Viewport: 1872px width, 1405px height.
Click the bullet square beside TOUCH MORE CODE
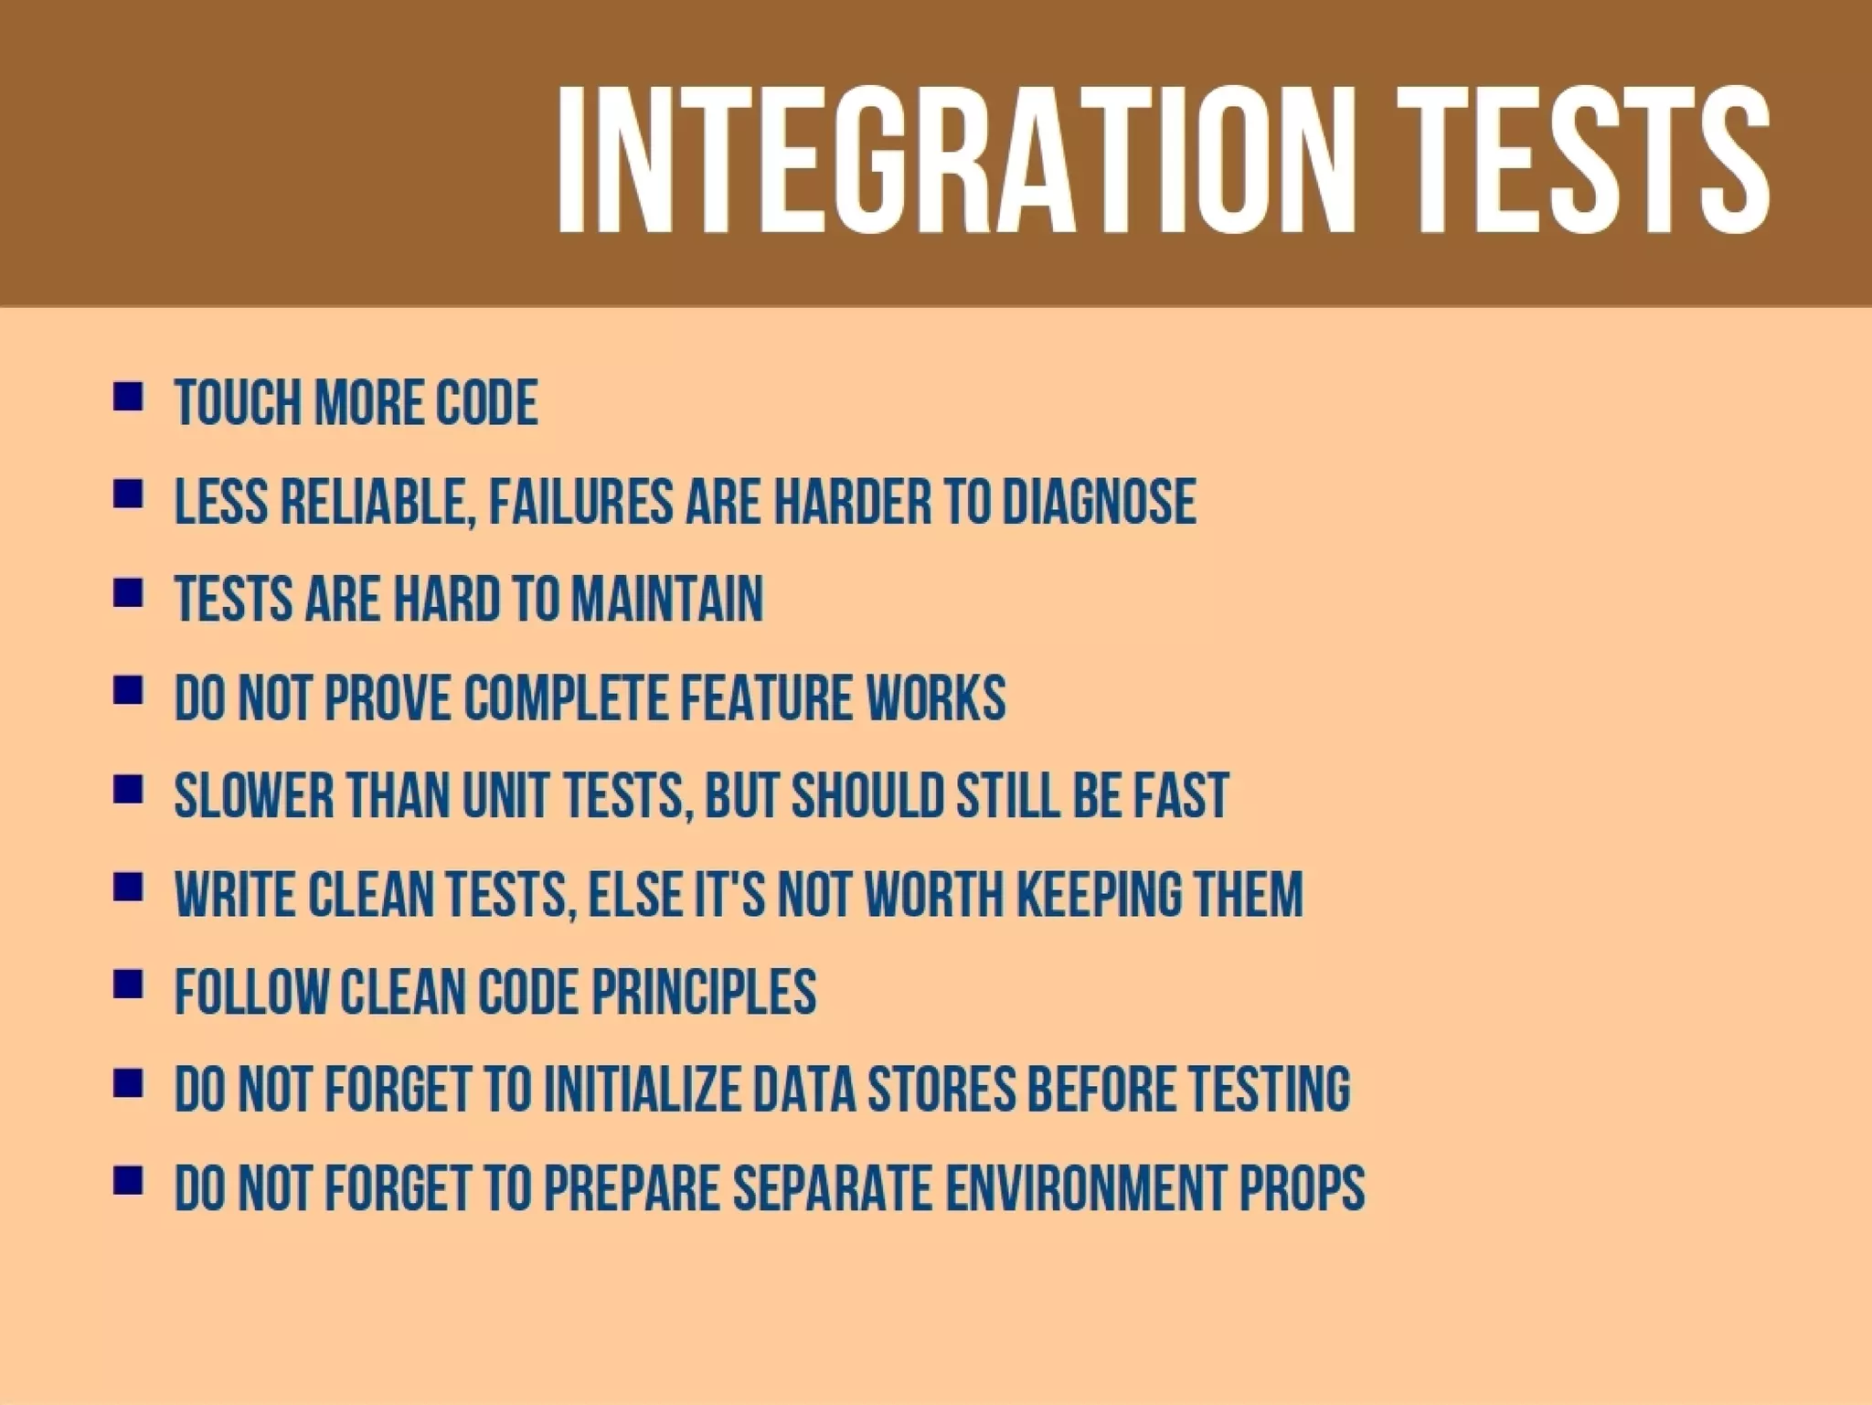point(128,398)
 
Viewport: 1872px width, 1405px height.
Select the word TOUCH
point(237,403)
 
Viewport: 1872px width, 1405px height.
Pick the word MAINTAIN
point(667,600)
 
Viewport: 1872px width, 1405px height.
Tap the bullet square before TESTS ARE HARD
point(128,594)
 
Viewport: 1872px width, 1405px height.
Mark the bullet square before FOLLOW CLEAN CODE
point(128,986)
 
